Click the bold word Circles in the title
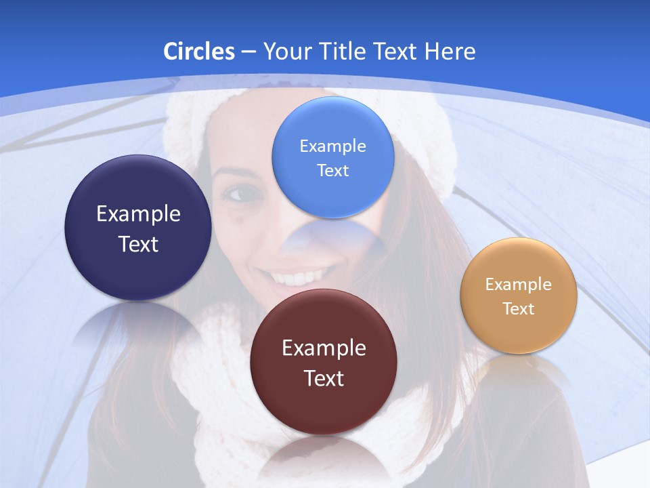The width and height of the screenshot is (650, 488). pyautogui.click(x=198, y=52)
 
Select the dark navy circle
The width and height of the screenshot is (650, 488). pyautogui.click(x=138, y=228)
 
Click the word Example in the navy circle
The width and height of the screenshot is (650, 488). pyautogui.click(x=138, y=214)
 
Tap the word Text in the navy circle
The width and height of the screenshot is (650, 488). pyautogui.click(x=138, y=244)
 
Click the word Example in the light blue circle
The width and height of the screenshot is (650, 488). pyautogui.click(x=332, y=146)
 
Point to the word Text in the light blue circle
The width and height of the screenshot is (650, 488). pyautogui.click(x=332, y=171)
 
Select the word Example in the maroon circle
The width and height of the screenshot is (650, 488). pyautogui.click(x=324, y=348)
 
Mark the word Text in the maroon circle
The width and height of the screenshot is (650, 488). pyautogui.click(x=324, y=378)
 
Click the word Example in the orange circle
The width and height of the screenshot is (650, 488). pyautogui.click(x=519, y=285)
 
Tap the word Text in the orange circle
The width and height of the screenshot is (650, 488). pyautogui.click(x=519, y=309)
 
